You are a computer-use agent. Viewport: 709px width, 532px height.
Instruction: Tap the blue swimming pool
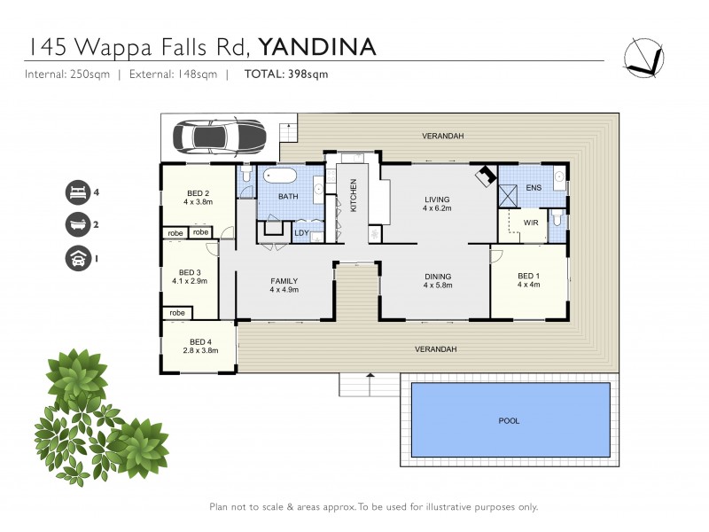510,420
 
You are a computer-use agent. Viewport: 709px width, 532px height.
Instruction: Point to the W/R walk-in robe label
530,223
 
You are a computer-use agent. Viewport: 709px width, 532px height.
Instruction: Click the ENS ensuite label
533,188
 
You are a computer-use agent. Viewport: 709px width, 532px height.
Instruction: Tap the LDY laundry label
301,233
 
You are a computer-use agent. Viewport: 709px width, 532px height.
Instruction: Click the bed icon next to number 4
77,192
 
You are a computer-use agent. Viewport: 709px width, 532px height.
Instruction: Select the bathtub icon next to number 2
77,224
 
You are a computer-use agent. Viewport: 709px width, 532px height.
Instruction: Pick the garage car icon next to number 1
77,258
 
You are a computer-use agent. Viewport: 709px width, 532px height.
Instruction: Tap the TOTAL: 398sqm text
285,74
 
